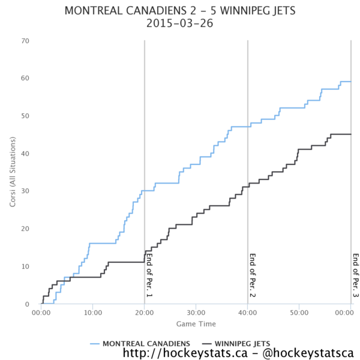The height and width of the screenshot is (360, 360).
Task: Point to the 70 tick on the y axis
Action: (26, 41)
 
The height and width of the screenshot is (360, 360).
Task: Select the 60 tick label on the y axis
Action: (26, 79)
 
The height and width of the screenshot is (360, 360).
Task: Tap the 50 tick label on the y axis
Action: (26, 116)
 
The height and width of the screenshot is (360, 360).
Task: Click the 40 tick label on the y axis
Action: (26, 154)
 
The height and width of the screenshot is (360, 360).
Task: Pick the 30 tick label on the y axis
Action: (26, 191)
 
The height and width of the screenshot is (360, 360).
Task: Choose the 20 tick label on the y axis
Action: (26, 229)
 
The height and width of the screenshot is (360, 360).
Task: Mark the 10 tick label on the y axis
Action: (26, 266)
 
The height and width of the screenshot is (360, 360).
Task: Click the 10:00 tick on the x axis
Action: (92, 313)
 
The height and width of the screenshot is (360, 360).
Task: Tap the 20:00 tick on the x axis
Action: (144, 313)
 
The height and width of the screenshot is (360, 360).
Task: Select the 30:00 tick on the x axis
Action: (196, 313)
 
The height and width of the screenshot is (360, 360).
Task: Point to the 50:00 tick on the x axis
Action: (299, 313)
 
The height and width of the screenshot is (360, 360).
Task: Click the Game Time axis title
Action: (196, 324)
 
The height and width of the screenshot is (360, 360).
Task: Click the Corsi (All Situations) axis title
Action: (13, 172)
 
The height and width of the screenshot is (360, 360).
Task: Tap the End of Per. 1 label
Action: (149, 275)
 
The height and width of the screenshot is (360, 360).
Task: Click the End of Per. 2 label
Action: (253, 275)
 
